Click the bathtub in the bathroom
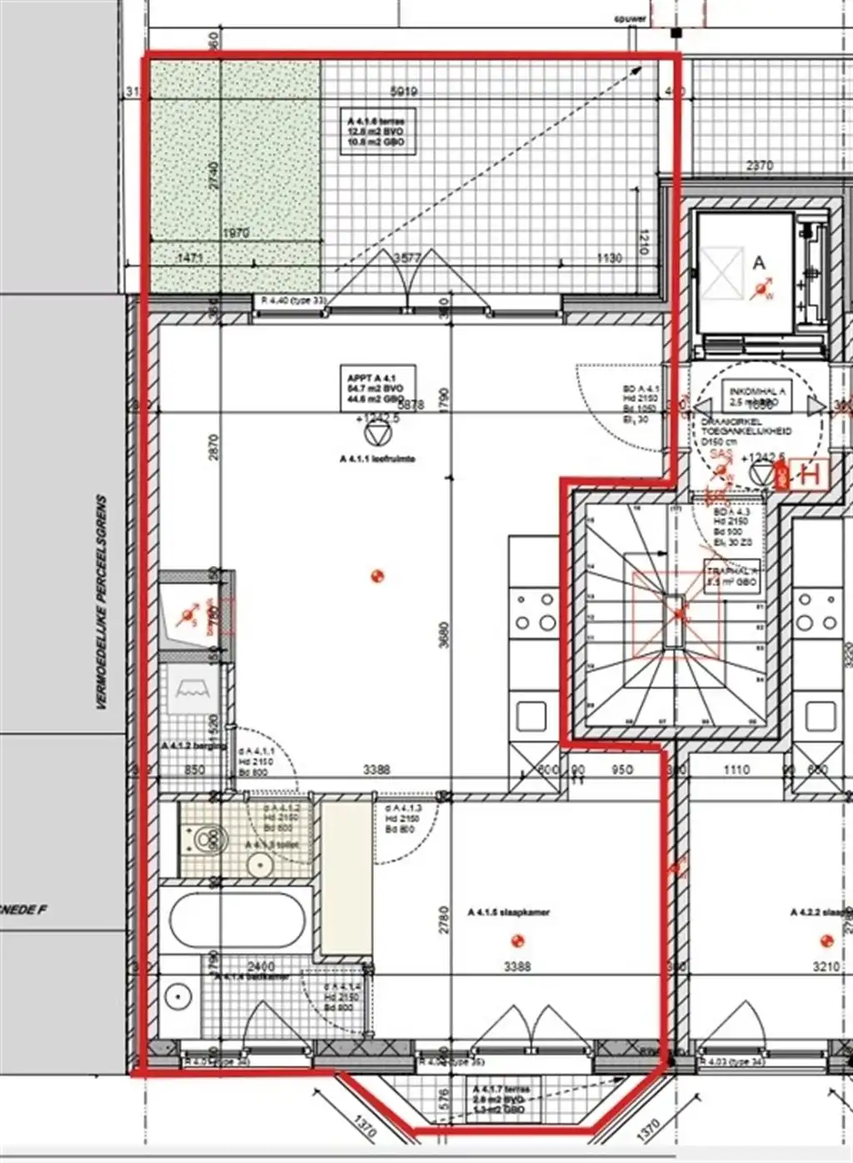238,920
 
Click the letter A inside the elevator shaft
758,263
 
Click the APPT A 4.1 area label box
378,389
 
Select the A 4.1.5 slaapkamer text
508,912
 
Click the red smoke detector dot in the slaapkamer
517,941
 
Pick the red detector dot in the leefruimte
377,575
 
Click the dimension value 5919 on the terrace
405,92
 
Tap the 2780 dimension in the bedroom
444,921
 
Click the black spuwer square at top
676,33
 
